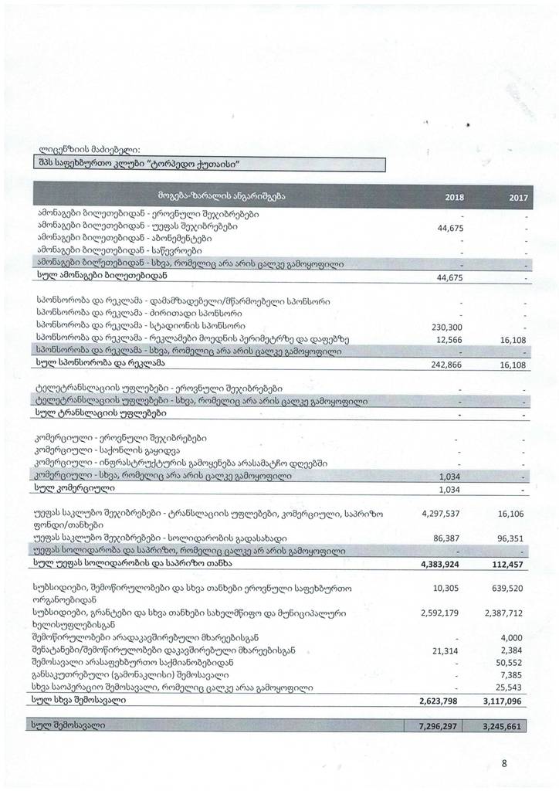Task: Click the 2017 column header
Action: point(518,198)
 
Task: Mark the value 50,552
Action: point(511,663)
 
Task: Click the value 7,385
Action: point(514,675)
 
